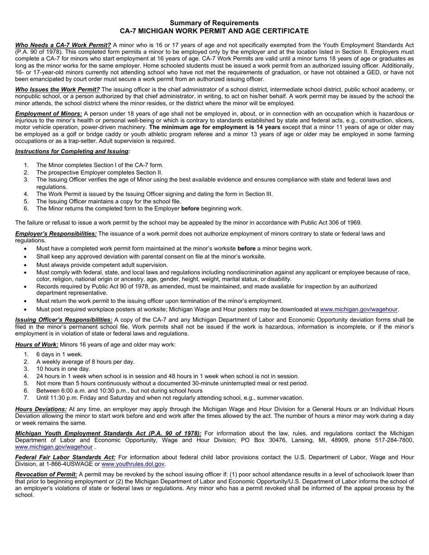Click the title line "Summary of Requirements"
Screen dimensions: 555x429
point(214,23)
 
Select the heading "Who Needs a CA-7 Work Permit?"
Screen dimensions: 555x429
point(63,45)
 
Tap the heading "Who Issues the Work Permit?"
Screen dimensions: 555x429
point(57,89)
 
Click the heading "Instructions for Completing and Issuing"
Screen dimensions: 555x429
point(72,152)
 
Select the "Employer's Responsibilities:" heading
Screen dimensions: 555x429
point(56,234)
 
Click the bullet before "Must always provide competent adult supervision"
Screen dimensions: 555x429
point(26,265)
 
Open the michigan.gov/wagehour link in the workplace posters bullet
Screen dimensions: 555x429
point(359,310)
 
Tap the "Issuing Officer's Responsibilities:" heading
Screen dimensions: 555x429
point(64,320)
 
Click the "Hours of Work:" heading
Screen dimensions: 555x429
point(37,345)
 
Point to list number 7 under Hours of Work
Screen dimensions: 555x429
point(26,398)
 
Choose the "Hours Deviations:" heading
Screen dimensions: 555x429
point(41,409)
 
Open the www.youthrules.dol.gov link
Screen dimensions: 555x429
point(133,464)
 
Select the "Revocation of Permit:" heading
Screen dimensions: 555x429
point(46,475)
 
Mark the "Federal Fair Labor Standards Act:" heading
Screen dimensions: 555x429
point(65,457)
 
